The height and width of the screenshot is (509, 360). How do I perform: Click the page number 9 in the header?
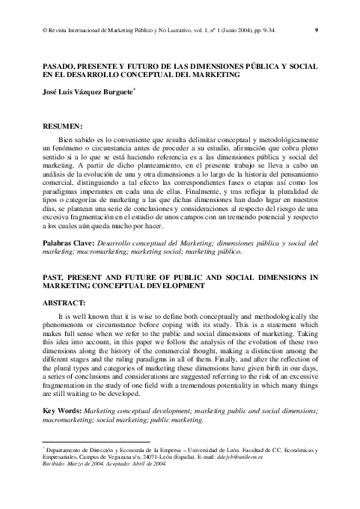(x=317, y=30)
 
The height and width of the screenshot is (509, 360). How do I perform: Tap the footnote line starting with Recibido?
(x=104, y=464)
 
